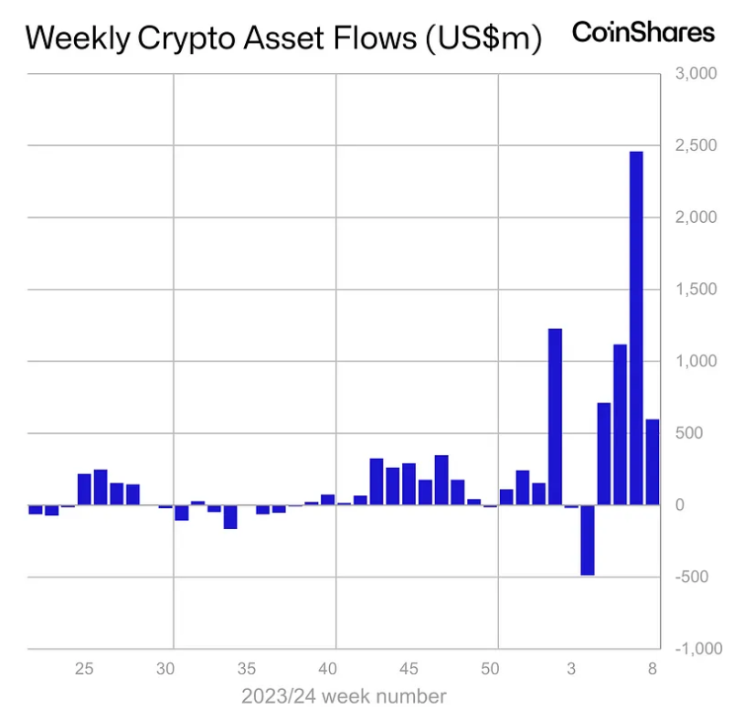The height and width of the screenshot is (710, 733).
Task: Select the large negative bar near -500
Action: (x=587, y=539)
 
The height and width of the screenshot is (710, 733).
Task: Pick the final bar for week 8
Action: (x=653, y=461)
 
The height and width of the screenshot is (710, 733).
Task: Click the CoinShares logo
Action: (x=643, y=32)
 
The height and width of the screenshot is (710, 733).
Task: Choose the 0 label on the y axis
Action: (x=705, y=504)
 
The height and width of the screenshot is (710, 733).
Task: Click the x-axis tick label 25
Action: (x=84, y=668)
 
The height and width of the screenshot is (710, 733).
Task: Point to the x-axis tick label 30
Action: (x=165, y=668)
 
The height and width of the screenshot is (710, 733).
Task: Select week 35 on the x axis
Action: (x=247, y=668)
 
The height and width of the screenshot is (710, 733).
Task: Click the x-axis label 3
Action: (x=571, y=668)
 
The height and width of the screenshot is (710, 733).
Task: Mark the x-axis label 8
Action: (x=653, y=668)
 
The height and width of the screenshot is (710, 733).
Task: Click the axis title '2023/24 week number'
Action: (x=344, y=696)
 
